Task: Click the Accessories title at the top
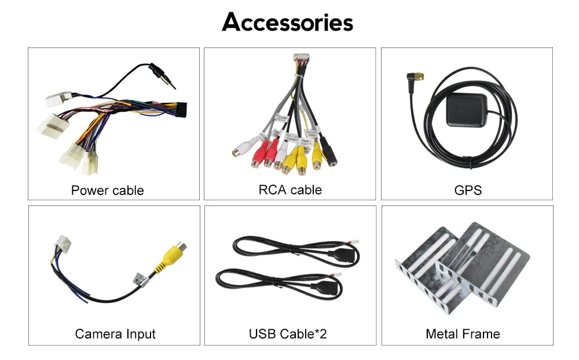(x=288, y=23)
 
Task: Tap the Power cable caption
(x=107, y=190)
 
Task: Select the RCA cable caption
(x=290, y=190)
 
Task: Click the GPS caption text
(x=468, y=190)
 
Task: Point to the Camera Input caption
(x=115, y=334)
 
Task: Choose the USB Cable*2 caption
(x=288, y=334)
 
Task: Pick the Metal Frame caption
(x=463, y=334)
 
